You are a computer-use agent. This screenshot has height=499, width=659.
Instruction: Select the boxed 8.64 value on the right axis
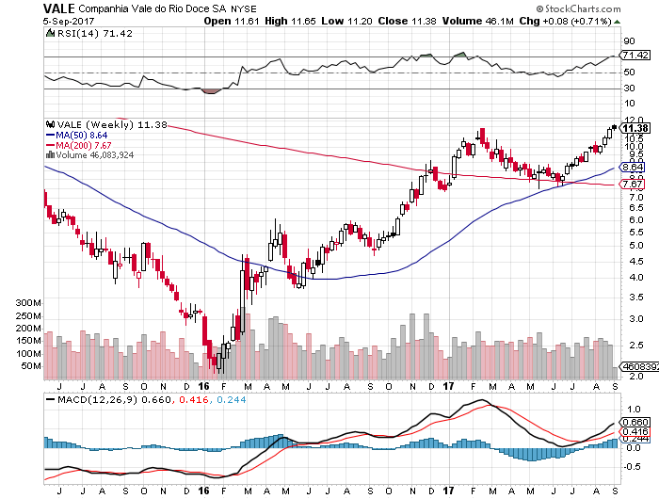pos(632,168)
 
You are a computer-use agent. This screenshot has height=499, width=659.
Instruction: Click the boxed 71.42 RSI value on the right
pos(633,56)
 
